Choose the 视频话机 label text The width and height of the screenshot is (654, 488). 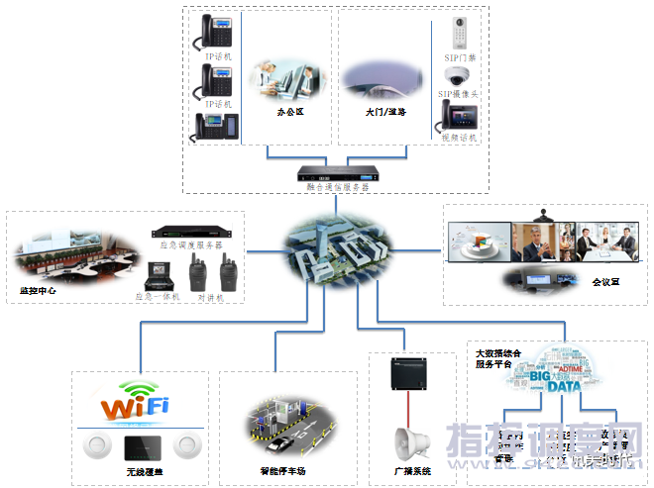(x=459, y=139)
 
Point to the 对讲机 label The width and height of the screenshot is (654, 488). (x=210, y=296)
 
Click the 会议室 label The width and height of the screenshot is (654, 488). (x=605, y=281)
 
